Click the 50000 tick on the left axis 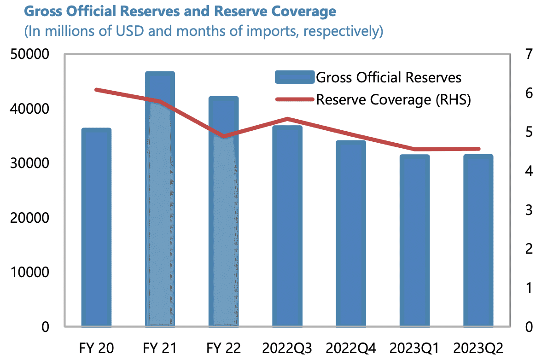[29, 54]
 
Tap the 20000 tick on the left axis [29, 218]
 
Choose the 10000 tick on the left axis [29, 273]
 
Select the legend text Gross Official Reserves [388, 77]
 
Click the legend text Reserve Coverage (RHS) [393, 99]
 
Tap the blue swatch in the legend [294, 77]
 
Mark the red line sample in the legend [294, 99]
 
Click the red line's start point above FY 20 [96, 89]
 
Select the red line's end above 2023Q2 [479, 149]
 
